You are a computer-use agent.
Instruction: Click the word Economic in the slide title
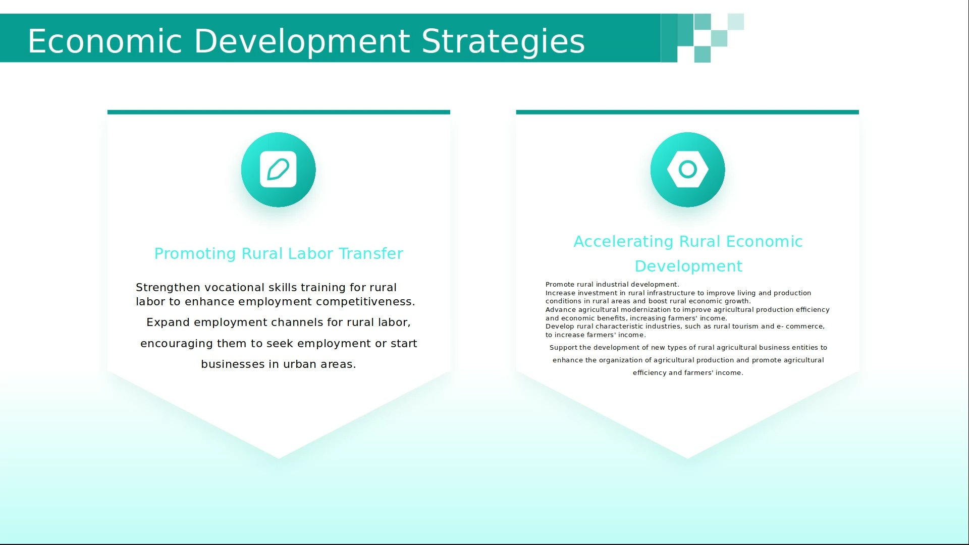tap(104, 41)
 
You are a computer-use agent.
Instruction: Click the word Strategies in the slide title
tap(503, 41)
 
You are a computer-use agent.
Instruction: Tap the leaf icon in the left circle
tap(278, 169)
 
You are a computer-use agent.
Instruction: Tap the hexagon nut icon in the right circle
tap(687, 169)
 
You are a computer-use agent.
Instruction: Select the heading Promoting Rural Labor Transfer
tap(279, 253)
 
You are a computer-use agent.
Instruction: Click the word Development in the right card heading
tap(688, 266)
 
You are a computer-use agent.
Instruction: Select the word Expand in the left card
tap(168, 322)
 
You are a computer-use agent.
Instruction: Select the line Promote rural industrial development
tap(612, 284)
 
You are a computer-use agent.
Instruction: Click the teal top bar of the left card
tap(279, 112)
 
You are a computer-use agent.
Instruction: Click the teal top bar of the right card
tap(687, 112)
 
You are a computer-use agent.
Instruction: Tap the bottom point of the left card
tap(279, 459)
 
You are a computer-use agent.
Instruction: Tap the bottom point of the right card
tap(687, 459)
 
